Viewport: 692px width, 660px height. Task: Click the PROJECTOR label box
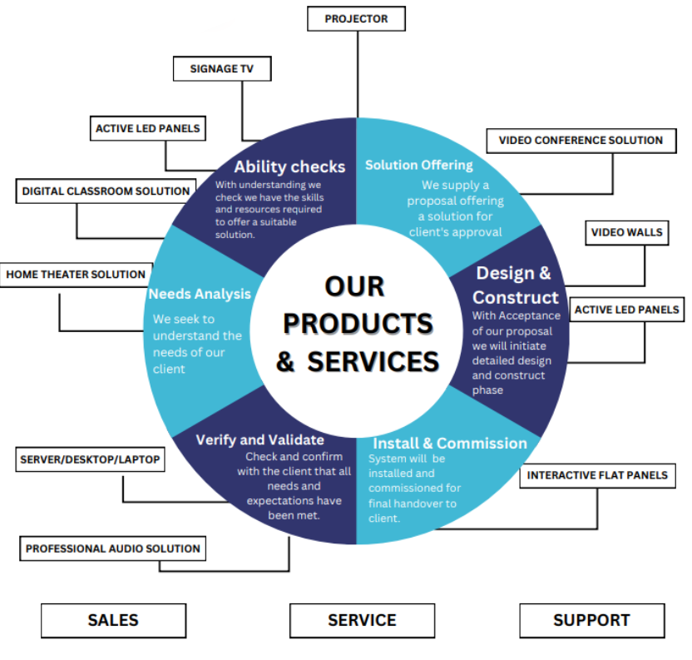(356, 18)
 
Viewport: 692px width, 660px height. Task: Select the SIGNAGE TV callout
(223, 68)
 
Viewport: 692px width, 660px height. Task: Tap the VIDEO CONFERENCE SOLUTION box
(581, 141)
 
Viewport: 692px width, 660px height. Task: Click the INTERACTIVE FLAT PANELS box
(597, 475)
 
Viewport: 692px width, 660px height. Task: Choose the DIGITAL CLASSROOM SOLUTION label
(106, 191)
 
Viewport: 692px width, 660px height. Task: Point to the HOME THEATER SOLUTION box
(76, 274)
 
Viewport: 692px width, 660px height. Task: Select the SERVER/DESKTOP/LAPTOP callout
(89, 459)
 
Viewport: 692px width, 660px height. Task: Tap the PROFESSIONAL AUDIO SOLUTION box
(112, 548)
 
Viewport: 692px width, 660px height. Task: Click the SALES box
(113, 620)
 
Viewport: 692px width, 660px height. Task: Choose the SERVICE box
(362, 620)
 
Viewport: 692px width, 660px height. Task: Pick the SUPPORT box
(591, 620)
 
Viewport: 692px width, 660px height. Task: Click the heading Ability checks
(289, 166)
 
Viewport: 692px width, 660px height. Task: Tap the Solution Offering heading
(418, 165)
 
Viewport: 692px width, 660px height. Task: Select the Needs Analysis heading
(200, 294)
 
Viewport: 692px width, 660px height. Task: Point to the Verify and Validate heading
(259, 439)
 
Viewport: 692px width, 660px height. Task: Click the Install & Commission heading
(449, 443)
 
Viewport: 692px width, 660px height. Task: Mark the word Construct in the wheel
(516, 297)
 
